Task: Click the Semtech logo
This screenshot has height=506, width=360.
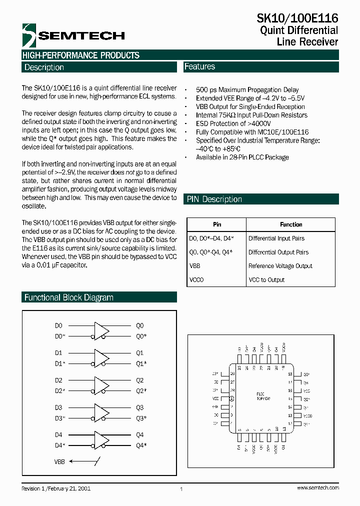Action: coord(73,34)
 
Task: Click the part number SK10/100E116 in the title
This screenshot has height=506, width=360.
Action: coord(297,18)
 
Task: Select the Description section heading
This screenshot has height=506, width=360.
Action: coord(44,67)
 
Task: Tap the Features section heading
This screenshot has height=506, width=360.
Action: coord(199,66)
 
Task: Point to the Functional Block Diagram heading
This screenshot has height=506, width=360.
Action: coord(69,297)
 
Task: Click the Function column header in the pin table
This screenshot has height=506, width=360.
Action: coord(291,224)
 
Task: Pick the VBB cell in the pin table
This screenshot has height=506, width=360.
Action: coord(194,266)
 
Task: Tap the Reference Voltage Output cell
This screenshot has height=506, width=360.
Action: coord(280,266)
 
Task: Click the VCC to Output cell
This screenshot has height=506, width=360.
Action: coord(266,280)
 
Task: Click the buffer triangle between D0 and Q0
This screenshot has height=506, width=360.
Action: coord(101,331)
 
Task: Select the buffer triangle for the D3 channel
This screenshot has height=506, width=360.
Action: coord(101,413)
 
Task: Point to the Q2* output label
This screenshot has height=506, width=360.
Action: coord(141,390)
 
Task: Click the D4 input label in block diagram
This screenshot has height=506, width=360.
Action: coord(58,434)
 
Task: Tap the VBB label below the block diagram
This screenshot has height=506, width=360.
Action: coord(59,462)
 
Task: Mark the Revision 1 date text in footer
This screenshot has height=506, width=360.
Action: coord(56,487)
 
